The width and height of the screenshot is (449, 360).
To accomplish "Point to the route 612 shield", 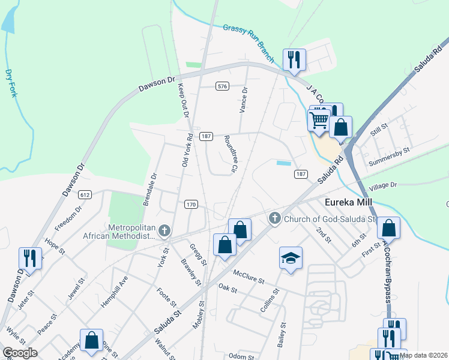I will [x=85, y=194].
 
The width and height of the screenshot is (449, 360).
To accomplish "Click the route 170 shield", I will [x=191, y=205].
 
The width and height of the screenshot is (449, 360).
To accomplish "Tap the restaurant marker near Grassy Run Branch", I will [x=294, y=59].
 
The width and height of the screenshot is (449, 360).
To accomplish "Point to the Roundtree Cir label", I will [x=230, y=153].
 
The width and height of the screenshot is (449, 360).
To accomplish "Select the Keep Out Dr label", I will [x=183, y=100].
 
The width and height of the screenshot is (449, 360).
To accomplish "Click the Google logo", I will [x=20, y=353].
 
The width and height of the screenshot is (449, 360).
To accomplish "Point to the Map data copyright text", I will [x=424, y=355].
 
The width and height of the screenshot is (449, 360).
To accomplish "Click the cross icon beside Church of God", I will [x=276, y=218].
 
